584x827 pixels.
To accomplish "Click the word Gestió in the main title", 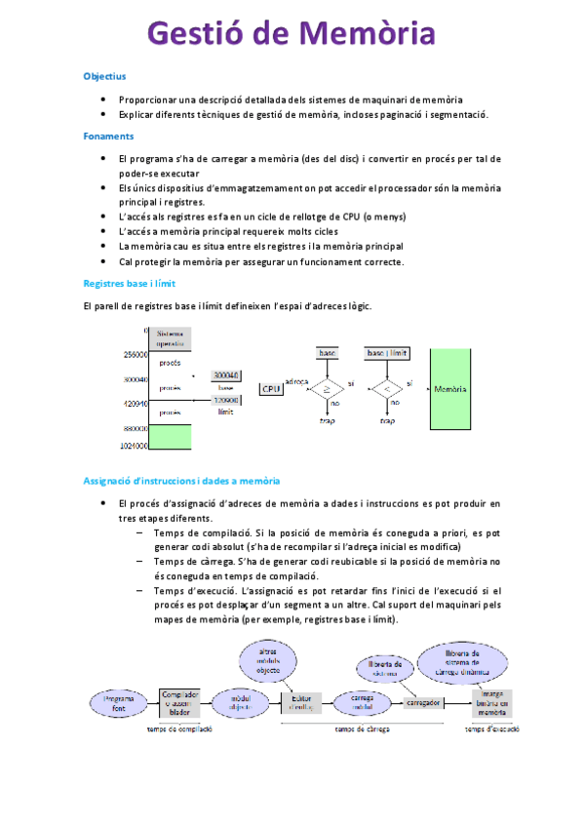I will (x=194, y=35).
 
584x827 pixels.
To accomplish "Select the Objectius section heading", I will (x=104, y=75).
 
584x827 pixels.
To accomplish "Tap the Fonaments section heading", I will (x=108, y=137).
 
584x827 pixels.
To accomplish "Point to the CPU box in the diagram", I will (x=270, y=388).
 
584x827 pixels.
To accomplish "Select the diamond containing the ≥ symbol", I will (x=327, y=389).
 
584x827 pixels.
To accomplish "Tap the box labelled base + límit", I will (x=386, y=352).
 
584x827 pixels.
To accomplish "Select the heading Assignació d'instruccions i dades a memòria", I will (x=181, y=481).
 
